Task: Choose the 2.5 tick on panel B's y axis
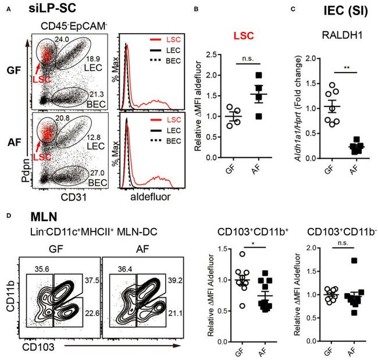coord(201,56)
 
